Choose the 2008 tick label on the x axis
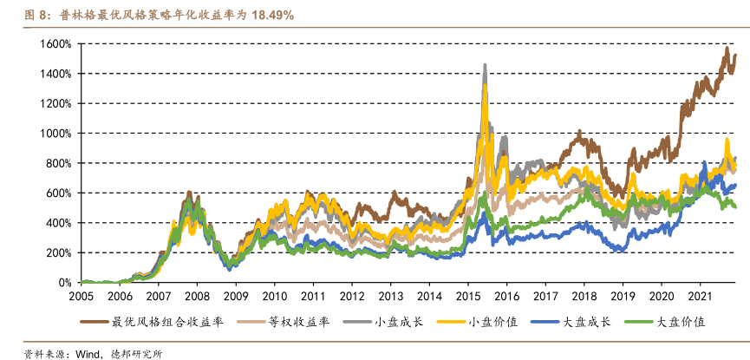coord(197,296)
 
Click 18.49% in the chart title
coord(272,15)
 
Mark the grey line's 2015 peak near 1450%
coord(484,65)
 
